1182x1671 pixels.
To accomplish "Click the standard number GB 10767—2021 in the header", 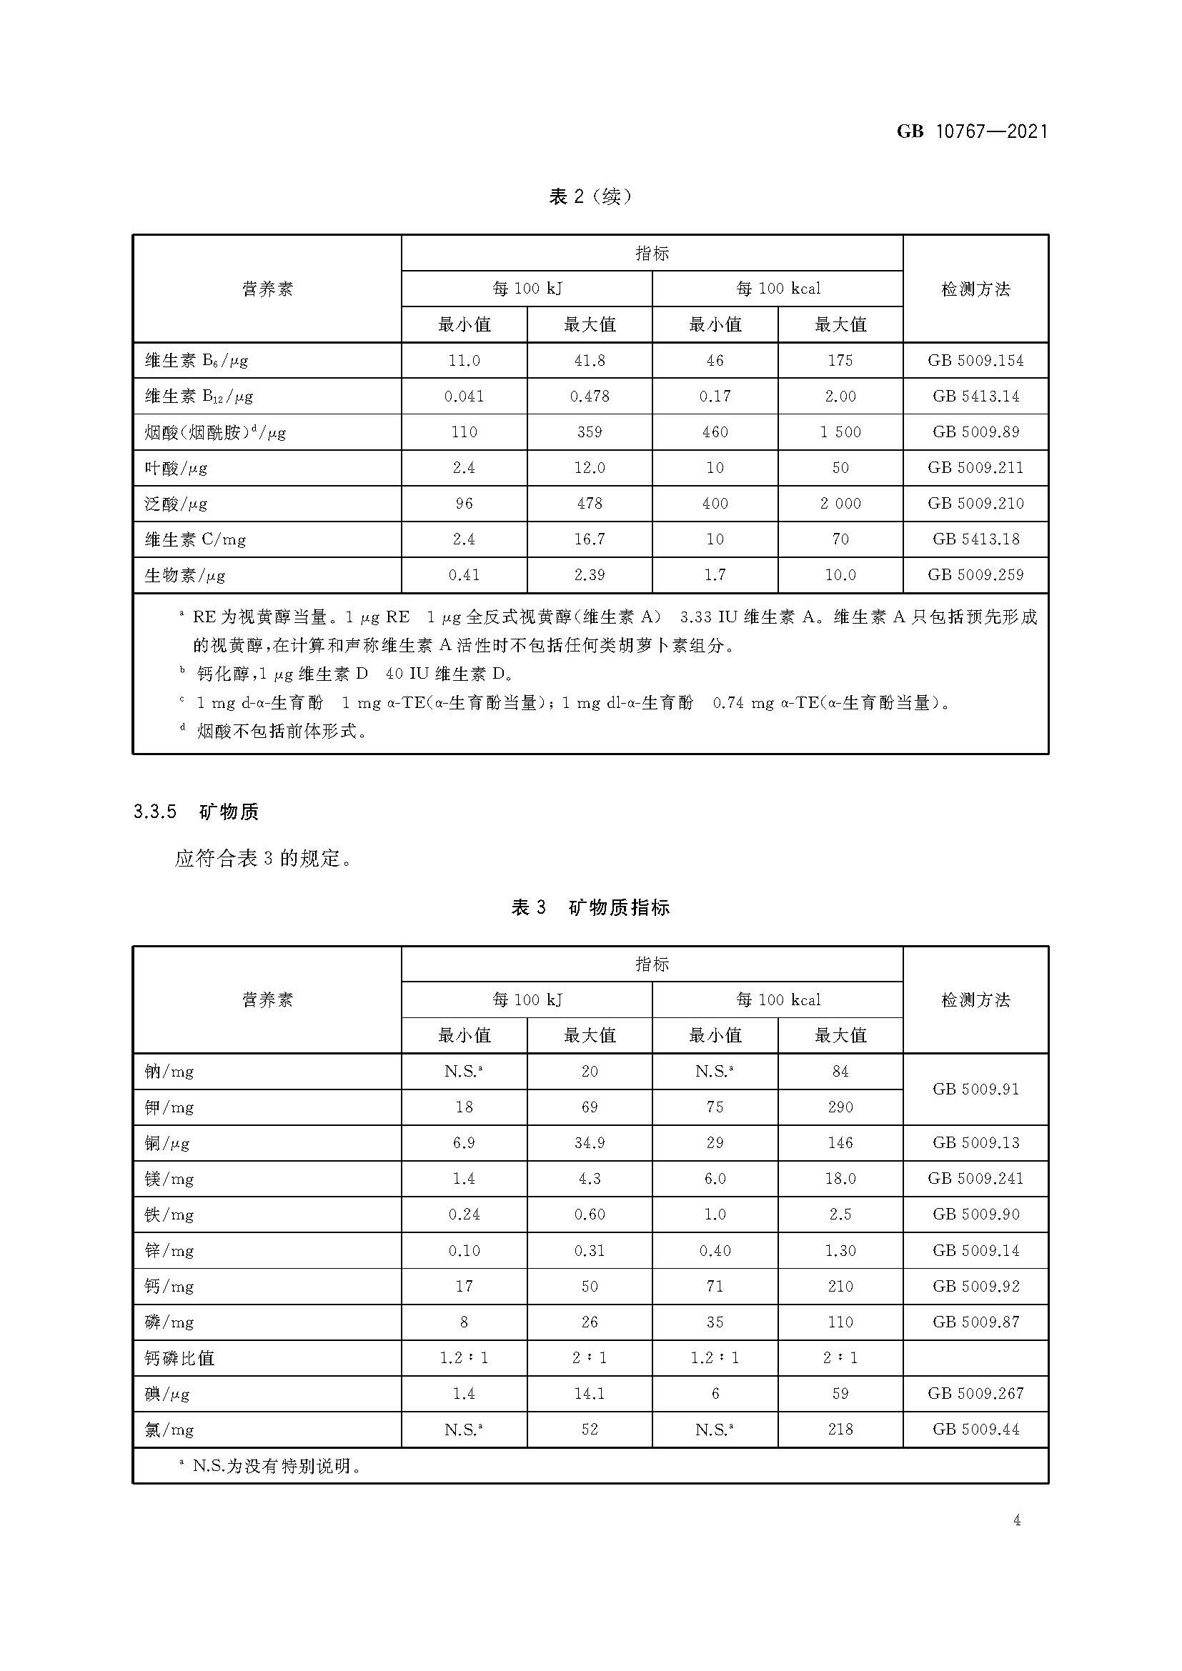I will [x=972, y=131].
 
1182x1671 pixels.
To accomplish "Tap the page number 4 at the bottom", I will [x=1017, y=1520].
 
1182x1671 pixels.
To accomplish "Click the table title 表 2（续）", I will [x=590, y=196].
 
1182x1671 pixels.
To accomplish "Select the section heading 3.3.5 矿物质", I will [x=196, y=812].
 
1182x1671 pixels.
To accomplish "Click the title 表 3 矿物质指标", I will [x=590, y=907].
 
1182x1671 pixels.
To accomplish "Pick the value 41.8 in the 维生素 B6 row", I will [x=590, y=360].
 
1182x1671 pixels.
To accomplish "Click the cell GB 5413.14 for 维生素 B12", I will [x=975, y=396].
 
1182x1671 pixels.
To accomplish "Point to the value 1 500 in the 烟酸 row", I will [x=840, y=432].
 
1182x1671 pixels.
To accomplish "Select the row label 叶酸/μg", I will [x=176, y=468].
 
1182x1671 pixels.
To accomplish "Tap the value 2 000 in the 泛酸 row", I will [x=840, y=504].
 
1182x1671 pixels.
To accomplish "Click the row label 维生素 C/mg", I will [x=195, y=539].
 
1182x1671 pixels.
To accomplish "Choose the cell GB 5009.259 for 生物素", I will [x=975, y=575].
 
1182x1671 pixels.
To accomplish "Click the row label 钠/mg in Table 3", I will [x=169, y=1072].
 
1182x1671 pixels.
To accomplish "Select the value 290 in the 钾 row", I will [x=840, y=1107].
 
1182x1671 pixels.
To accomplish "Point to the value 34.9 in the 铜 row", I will [x=590, y=1142].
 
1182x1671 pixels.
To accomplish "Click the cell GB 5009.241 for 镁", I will [x=975, y=1178].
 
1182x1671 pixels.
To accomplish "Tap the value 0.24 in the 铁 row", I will [x=464, y=1214].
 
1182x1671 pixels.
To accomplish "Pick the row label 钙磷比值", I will [x=180, y=1358].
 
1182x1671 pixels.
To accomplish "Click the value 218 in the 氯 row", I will [x=840, y=1430].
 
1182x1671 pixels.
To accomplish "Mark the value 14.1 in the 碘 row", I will [x=590, y=1394].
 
